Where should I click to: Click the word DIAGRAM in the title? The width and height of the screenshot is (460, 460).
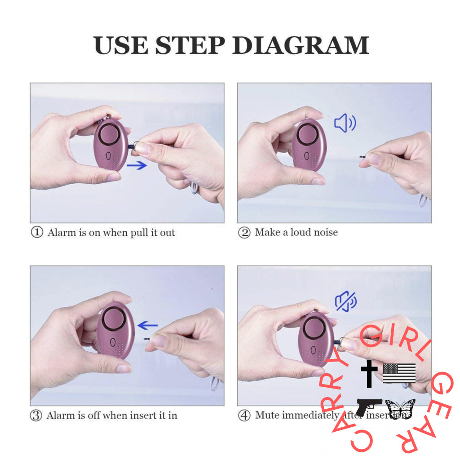301,45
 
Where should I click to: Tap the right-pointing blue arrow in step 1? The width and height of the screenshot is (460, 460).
137,165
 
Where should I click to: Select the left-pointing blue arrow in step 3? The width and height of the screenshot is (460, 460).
148,325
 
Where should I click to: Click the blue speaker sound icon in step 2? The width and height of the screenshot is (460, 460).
345,123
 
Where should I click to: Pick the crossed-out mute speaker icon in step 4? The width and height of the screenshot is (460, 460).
345,301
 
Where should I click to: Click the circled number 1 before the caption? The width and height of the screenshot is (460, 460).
36,233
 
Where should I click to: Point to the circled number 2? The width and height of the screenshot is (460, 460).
244,233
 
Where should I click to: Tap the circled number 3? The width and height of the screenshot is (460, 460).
36,416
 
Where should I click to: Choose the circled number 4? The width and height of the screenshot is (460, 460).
244,416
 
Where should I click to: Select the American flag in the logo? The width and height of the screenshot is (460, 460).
399,373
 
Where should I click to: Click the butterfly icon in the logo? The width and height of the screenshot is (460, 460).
400,409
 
